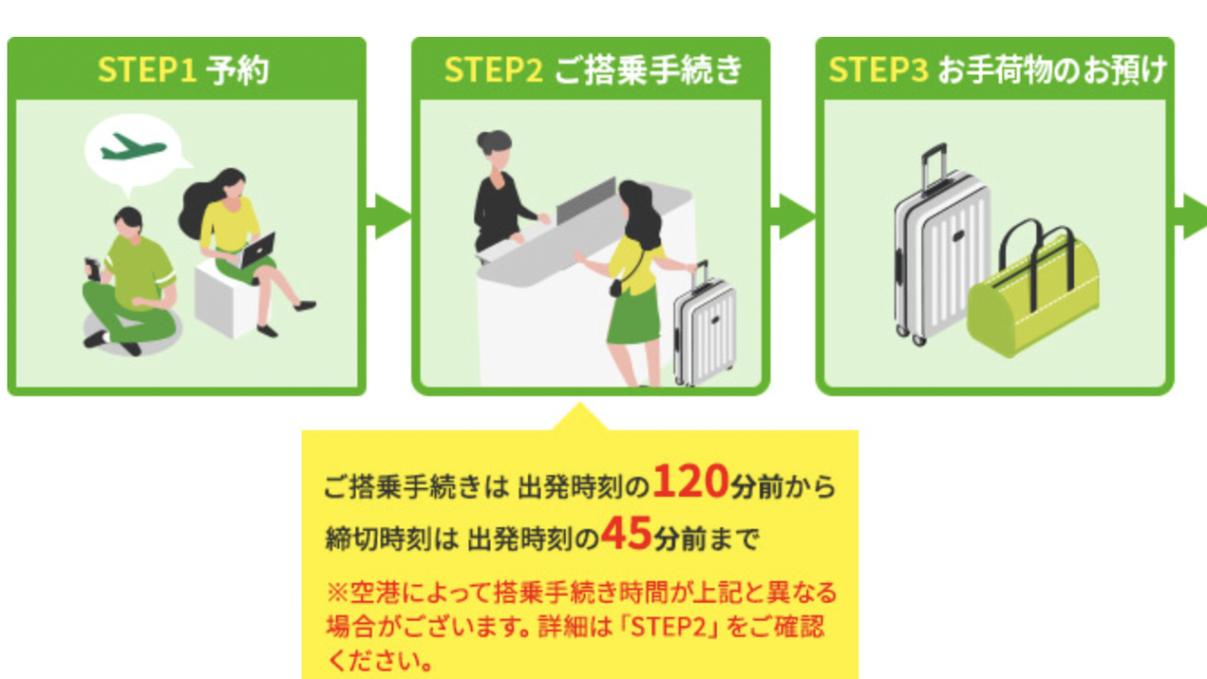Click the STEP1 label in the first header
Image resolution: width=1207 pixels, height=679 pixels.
click(146, 71)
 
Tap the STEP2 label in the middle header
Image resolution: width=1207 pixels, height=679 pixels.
click(493, 71)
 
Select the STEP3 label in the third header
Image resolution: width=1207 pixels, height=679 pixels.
click(878, 71)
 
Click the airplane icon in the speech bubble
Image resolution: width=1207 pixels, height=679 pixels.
click(133, 147)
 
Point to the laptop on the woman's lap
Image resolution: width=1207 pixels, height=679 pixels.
click(257, 249)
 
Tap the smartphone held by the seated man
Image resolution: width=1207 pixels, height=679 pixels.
click(92, 268)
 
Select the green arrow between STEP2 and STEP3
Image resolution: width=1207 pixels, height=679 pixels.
click(794, 217)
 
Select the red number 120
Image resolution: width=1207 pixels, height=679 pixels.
click(691, 483)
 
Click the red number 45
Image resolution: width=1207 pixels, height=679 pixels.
click(627, 535)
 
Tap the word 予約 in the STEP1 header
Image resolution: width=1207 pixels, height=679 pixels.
click(238, 71)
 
